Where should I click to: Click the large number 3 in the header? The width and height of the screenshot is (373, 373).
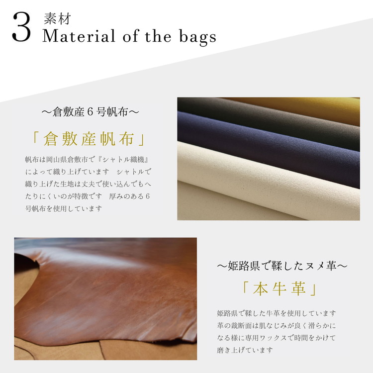(x=21, y=28)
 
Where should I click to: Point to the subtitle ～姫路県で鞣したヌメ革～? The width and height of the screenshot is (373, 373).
(x=281, y=266)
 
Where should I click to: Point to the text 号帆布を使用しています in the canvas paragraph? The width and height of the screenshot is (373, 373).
(x=63, y=208)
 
